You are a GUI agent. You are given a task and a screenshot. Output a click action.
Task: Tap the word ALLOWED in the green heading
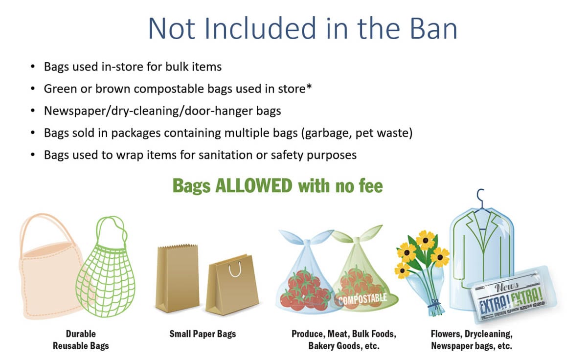(x=254, y=186)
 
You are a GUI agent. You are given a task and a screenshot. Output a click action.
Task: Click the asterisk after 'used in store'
(x=309, y=86)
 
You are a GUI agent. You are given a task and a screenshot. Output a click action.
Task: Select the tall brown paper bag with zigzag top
(x=177, y=278)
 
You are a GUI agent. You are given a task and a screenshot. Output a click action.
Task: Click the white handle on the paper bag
(x=234, y=270)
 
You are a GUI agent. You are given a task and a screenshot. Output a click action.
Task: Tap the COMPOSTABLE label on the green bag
(x=363, y=299)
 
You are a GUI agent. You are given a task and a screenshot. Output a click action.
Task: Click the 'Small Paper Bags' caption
(x=203, y=334)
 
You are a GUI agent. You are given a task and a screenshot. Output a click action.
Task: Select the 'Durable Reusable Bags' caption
(x=81, y=340)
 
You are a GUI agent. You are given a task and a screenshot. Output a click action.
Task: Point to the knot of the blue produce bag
(x=307, y=242)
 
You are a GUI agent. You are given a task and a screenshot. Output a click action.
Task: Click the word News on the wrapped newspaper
(x=506, y=287)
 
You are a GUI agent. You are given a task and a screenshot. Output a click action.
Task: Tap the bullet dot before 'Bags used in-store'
(x=33, y=67)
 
